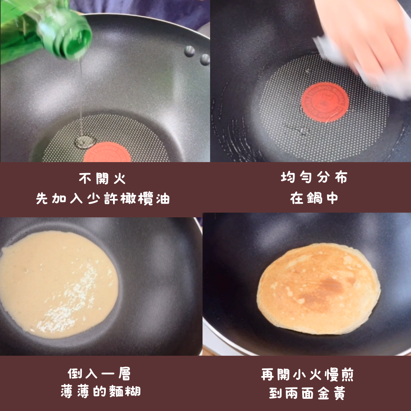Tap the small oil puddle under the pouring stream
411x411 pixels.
[84, 142]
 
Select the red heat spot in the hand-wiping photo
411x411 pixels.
[325, 102]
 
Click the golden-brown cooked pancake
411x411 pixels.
[319, 288]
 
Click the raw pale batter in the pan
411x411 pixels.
[58, 285]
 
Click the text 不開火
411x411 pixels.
[102, 178]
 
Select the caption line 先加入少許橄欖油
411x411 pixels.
[103, 198]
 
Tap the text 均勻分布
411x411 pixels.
[314, 177]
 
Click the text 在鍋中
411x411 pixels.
[314, 198]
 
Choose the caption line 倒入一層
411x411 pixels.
[99, 374]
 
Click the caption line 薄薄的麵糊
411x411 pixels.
[100, 391]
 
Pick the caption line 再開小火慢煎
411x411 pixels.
[307, 374]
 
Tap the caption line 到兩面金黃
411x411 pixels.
[307, 393]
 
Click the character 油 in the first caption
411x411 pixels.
[163, 198]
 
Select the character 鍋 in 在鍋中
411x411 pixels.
[314, 198]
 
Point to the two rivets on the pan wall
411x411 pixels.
[197, 55]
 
